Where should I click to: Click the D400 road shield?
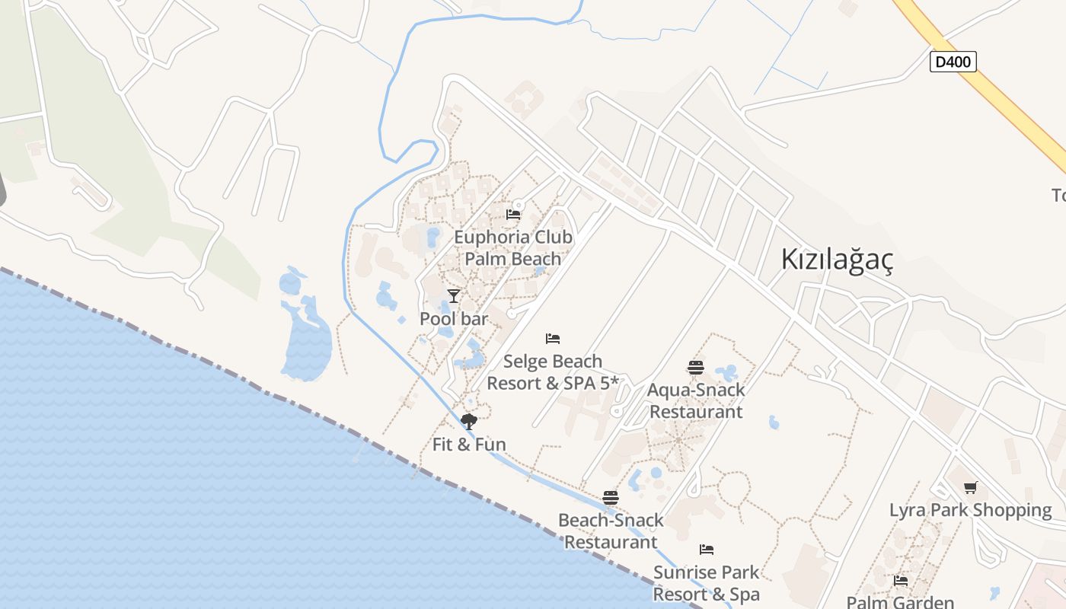[x=953, y=62]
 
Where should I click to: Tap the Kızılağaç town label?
[x=837, y=260]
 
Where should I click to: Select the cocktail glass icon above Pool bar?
[x=454, y=295]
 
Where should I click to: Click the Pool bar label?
[x=454, y=319]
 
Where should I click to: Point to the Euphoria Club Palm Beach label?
[x=513, y=247]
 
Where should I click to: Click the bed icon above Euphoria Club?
[x=513, y=215]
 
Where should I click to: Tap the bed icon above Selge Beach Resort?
[x=553, y=338]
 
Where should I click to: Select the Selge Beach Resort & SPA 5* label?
[x=553, y=372]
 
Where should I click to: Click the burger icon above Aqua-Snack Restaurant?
[x=696, y=368]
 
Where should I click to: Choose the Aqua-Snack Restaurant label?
[x=696, y=400]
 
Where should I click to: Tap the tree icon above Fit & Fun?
[x=469, y=421]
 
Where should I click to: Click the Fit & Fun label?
[x=469, y=445]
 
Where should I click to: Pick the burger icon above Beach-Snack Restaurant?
[x=611, y=498]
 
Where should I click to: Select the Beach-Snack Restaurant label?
[x=611, y=531]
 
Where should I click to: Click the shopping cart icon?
[x=970, y=487]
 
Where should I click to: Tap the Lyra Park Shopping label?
[x=970, y=510]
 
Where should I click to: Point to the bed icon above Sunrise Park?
[x=707, y=549]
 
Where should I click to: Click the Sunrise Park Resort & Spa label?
[x=707, y=583]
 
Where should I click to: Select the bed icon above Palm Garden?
[x=901, y=580]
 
